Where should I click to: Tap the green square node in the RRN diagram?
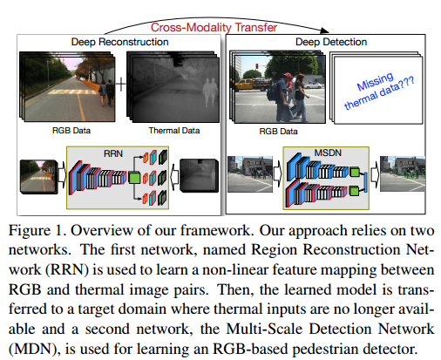click(x=135, y=179)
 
